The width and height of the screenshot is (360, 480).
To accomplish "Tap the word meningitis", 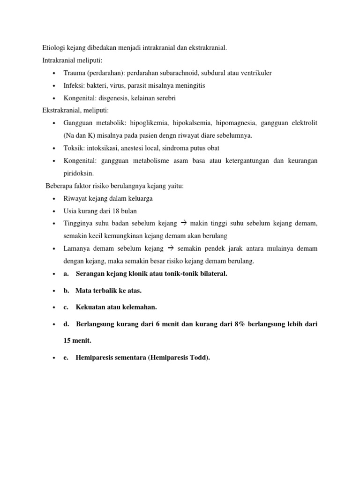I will (188, 86).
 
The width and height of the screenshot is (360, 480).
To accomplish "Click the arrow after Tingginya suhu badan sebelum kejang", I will (184, 223).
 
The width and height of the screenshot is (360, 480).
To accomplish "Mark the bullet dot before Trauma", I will (54, 74).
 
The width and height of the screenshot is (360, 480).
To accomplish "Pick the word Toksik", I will (73, 148).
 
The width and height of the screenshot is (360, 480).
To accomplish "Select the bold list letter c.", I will (67, 307).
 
